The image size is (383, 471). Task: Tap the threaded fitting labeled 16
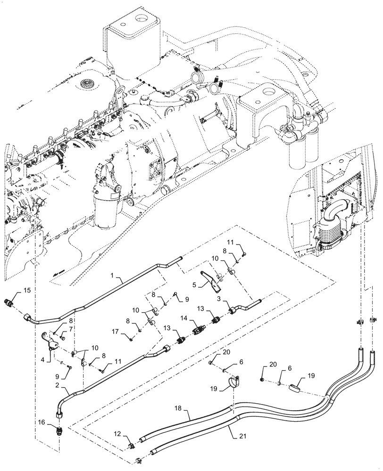pyautogui.click(x=59, y=430)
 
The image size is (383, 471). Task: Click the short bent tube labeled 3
pyautogui.click(x=245, y=307)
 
